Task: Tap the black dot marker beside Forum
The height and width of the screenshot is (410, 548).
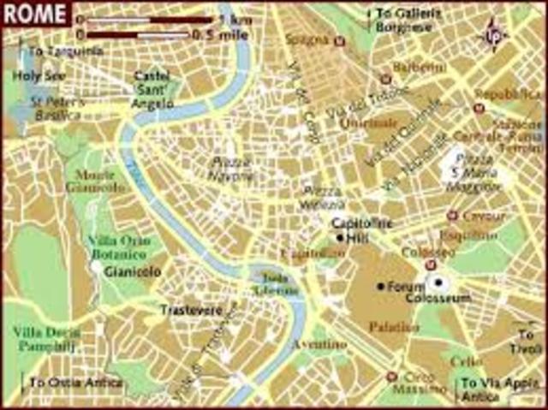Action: (x=380, y=286)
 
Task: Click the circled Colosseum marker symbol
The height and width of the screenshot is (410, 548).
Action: (x=438, y=283)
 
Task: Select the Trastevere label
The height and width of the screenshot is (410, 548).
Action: (x=191, y=310)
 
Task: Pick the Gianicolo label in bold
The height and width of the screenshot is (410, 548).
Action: (x=126, y=270)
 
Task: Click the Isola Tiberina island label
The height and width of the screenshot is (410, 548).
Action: (x=274, y=282)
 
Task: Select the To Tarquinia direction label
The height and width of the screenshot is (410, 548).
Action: (x=59, y=51)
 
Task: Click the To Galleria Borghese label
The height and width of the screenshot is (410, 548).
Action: (x=403, y=20)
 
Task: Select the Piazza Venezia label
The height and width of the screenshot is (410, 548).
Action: (x=322, y=197)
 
